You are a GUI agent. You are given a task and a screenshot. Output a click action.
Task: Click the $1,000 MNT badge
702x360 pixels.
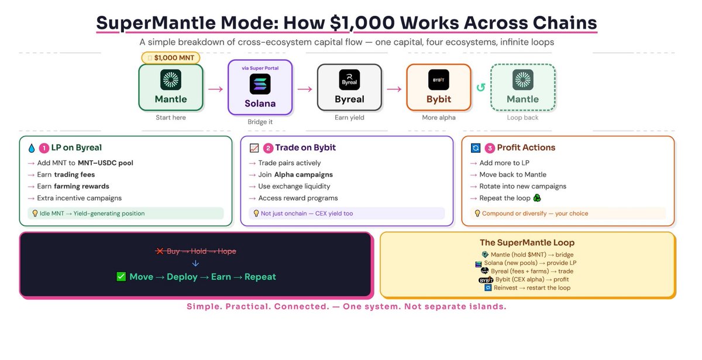point(171,57)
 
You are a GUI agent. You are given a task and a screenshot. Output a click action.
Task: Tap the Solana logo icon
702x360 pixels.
point(260,84)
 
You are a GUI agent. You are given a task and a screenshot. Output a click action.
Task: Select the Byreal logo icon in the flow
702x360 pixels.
point(349,79)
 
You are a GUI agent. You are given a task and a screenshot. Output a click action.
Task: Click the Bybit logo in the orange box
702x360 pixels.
point(439,79)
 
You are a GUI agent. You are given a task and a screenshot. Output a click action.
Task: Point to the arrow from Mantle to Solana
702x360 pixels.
point(215,89)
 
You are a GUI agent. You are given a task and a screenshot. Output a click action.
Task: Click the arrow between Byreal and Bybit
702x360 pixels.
point(394,89)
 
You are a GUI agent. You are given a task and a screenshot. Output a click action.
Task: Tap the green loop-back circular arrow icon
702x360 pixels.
point(481,88)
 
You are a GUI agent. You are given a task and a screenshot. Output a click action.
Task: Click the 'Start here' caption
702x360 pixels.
point(171,118)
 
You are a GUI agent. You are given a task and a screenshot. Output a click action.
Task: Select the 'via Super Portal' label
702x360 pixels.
point(260,68)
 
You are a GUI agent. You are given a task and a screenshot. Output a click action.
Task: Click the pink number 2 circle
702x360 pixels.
point(268,148)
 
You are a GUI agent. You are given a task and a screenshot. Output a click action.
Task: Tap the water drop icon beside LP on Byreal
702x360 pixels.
point(30,148)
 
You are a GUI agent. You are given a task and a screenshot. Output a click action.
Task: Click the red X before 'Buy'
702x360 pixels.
point(159,251)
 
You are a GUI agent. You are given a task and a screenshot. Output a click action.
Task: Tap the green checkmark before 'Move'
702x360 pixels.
point(122,276)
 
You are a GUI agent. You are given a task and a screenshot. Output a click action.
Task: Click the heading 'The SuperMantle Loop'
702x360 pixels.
point(527,242)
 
